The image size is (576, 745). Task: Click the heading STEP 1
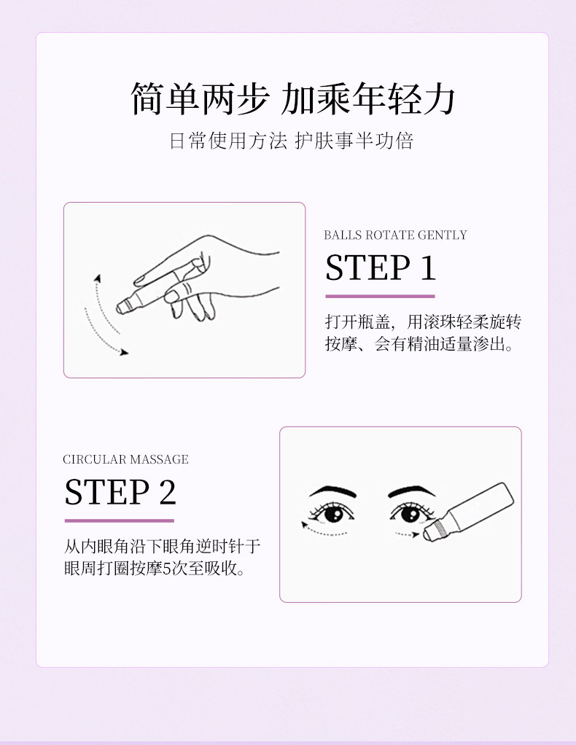(380, 268)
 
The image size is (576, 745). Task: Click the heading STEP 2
(120, 492)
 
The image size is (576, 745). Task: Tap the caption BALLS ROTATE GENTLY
(395, 235)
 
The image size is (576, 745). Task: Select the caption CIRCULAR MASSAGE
(125, 459)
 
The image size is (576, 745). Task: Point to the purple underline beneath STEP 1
(380, 296)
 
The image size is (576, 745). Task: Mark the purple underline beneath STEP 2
(120, 520)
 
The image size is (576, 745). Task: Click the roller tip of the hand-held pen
(120, 308)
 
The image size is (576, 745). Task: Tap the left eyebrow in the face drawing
(332, 492)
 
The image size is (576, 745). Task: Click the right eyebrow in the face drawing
(411, 491)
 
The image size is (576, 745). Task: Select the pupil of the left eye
(334, 515)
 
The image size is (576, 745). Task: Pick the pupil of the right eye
(411, 514)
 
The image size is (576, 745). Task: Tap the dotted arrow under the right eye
(407, 534)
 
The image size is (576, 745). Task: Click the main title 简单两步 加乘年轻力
(293, 99)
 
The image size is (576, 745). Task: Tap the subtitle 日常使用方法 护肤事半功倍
(292, 141)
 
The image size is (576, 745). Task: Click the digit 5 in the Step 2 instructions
(167, 569)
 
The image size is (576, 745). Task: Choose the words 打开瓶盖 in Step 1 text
(357, 322)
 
